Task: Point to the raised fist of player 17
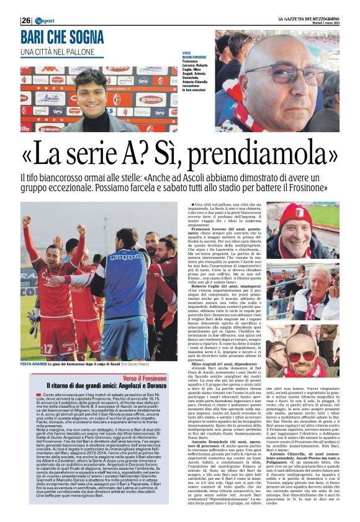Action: (25, 220)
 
